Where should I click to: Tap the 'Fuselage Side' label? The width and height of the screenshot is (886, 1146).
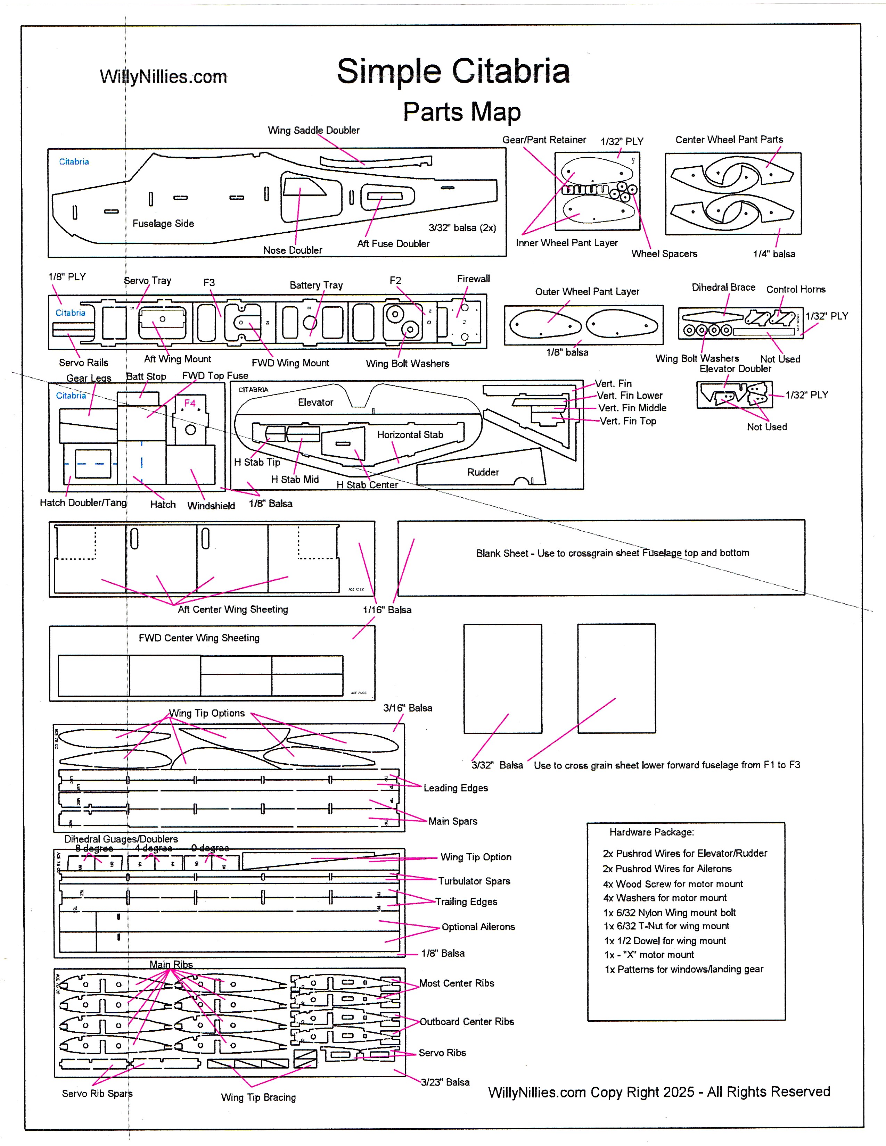(163, 224)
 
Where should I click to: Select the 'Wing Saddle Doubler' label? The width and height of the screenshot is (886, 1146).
(313, 130)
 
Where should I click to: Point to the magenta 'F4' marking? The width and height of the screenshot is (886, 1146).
(189, 403)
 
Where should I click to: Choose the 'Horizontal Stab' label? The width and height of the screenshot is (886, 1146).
(410, 434)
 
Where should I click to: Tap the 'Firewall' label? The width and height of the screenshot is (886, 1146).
(473, 279)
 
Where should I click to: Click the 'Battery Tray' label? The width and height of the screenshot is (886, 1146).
(316, 285)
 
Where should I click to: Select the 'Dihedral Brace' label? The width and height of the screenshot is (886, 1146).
(723, 287)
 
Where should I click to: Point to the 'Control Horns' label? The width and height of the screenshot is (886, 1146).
(796, 289)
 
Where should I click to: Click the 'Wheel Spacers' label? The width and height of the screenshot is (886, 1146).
(664, 254)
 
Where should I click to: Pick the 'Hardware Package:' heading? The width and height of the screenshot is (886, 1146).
(651, 832)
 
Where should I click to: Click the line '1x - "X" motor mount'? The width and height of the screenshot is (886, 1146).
(649, 954)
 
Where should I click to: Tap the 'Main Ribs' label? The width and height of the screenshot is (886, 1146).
(171, 964)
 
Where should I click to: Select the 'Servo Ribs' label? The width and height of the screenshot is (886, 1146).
(442, 1053)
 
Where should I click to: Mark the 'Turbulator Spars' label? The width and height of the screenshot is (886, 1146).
(474, 881)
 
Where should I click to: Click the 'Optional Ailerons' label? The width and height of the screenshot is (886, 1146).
(478, 927)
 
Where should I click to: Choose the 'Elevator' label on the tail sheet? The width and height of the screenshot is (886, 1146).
(315, 402)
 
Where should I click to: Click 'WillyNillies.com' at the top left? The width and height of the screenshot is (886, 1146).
(163, 77)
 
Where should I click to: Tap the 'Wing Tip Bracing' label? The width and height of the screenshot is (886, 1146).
(258, 1097)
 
